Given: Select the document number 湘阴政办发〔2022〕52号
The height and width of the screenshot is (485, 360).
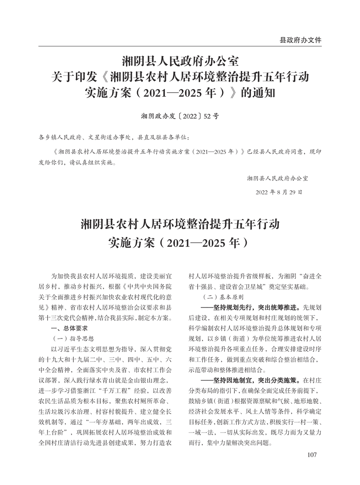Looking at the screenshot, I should [180, 117].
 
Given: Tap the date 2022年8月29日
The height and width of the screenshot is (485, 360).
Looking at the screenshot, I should [279, 192].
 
